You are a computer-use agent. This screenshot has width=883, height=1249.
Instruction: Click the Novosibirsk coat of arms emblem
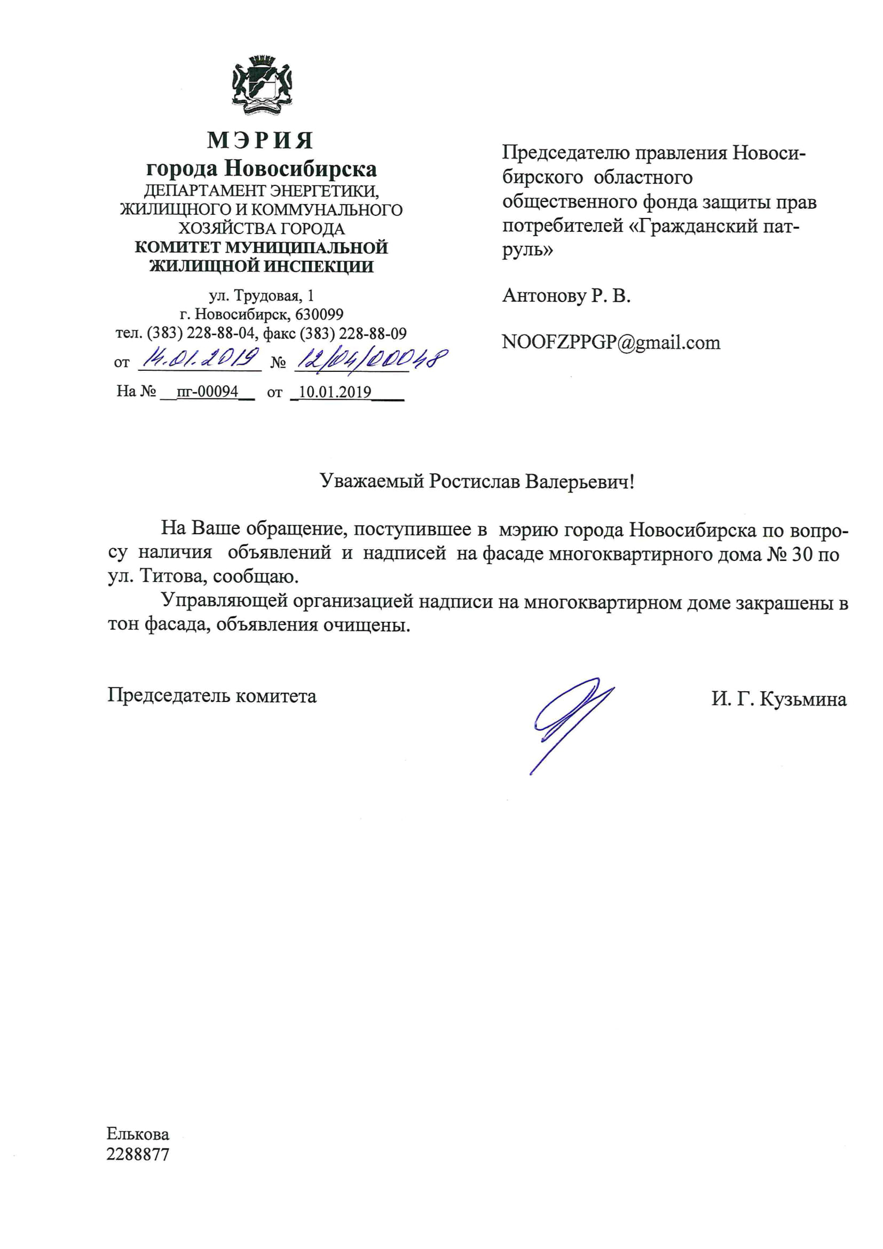(x=262, y=85)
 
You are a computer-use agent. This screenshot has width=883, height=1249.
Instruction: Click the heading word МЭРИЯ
(x=261, y=141)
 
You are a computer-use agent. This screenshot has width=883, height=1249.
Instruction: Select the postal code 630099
(x=319, y=315)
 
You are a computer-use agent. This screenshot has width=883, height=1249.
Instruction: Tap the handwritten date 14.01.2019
(x=199, y=359)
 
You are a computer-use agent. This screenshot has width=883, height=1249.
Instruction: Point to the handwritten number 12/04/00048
(x=371, y=360)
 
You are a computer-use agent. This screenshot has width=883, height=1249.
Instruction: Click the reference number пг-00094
(x=208, y=392)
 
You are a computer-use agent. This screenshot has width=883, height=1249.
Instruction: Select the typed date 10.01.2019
(x=335, y=392)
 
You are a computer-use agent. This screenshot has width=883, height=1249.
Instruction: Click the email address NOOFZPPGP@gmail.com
(x=611, y=342)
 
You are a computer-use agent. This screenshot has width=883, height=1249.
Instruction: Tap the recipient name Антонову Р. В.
(x=566, y=295)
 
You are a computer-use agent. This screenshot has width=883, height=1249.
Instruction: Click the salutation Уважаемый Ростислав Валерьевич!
(x=477, y=481)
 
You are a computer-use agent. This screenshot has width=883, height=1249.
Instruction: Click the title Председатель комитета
(x=211, y=696)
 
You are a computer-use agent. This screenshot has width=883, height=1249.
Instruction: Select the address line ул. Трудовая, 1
(x=262, y=296)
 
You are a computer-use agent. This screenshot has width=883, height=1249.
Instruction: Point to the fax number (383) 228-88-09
(x=353, y=333)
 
